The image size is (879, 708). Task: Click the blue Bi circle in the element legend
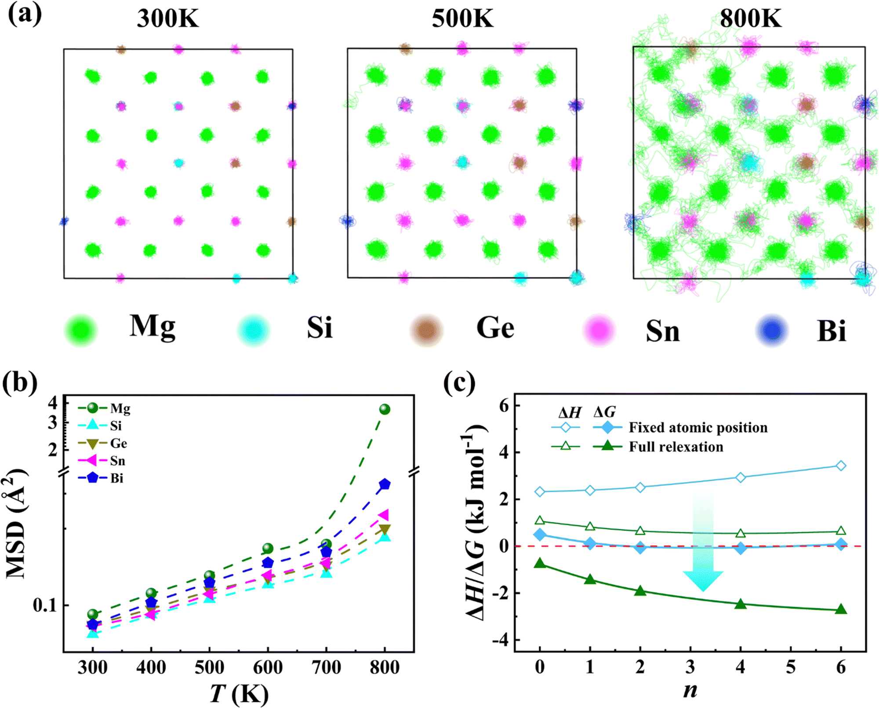point(772,330)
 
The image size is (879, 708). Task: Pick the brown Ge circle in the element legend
point(426,330)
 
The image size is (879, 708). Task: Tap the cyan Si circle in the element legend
point(253,330)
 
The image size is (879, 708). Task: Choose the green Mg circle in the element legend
point(81,330)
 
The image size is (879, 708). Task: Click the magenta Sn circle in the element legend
point(599,330)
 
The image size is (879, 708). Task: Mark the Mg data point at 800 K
point(385,409)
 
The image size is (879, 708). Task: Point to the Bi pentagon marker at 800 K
point(385,484)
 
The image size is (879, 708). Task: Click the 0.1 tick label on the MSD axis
point(45,605)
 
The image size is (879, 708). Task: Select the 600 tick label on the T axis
point(268,668)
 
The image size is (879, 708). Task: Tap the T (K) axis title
point(239,694)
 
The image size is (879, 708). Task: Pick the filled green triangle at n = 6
point(841,609)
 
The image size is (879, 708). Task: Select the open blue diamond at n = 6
point(841,466)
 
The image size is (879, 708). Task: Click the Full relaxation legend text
point(676,447)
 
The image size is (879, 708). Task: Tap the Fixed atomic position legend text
point(698,427)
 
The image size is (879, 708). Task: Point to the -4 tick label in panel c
point(501,640)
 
